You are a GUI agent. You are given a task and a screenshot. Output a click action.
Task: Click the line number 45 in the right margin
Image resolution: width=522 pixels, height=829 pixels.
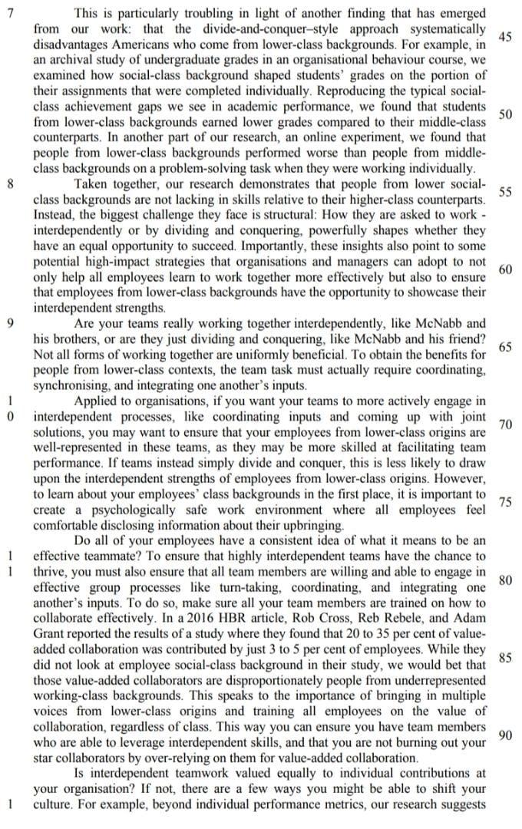[x=506, y=36]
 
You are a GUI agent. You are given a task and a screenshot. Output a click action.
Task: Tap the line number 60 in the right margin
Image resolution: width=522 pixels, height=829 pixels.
[x=506, y=269]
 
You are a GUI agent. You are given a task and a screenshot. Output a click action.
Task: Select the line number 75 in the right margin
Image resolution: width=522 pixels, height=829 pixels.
[x=506, y=502]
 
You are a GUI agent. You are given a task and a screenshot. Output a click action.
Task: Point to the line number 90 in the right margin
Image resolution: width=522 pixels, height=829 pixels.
[x=506, y=735]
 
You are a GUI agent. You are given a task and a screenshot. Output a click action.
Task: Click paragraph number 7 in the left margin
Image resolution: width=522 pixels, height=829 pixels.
[x=8, y=13]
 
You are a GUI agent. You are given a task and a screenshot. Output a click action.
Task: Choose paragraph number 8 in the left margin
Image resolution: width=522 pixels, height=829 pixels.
[x=8, y=183]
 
